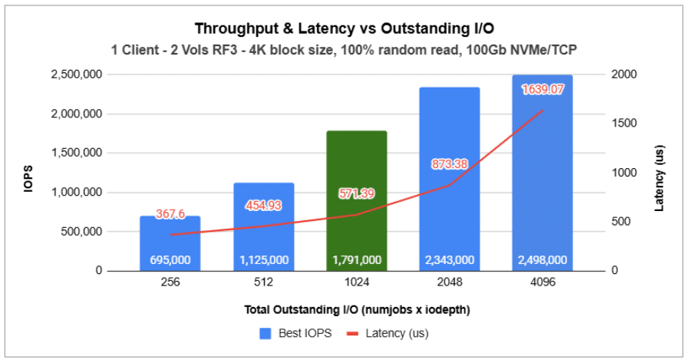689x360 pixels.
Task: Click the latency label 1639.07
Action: (x=542, y=89)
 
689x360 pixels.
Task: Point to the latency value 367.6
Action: (x=170, y=215)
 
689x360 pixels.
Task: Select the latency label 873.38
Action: (x=450, y=164)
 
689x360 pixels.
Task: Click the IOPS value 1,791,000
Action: (x=357, y=260)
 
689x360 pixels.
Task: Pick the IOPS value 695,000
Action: (x=170, y=260)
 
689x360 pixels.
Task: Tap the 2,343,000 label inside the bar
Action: (x=450, y=260)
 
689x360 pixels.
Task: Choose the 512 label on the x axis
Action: (x=263, y=282)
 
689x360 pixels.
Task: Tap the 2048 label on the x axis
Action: (x=450, y=282)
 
